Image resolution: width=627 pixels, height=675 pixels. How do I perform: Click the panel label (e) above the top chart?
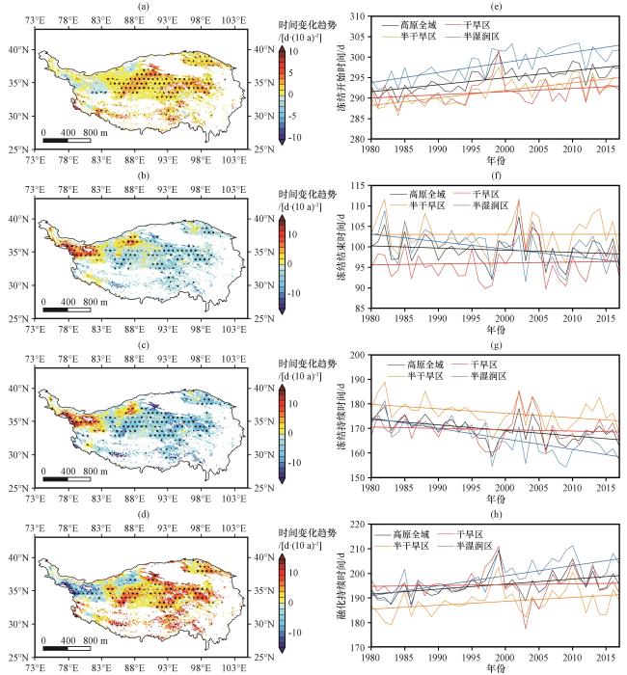[496, 7]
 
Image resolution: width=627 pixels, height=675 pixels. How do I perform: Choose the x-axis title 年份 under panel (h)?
[496, 666]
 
